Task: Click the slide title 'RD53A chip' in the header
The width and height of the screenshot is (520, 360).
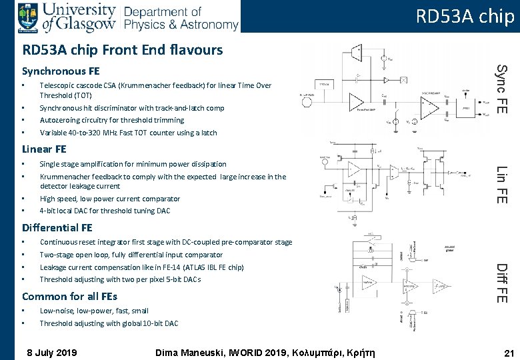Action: [x=465, y=16]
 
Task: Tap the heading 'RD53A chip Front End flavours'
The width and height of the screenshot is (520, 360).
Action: [x=122, y=50]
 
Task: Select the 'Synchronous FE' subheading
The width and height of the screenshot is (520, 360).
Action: [x=61, y=71]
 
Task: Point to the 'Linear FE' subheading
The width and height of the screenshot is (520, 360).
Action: [x=45, y=149]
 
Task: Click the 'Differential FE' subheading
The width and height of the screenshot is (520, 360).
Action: [x=57, y=227]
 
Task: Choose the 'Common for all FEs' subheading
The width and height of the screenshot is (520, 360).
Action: [x=69, y=296]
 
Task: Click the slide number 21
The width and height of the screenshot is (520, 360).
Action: [x=509, y=353]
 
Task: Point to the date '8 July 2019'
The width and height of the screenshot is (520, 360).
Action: [x=51, y=353]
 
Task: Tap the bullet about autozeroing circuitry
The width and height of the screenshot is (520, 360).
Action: [x=111, y=120]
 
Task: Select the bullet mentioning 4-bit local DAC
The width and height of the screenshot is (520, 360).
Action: [x=105, y=211]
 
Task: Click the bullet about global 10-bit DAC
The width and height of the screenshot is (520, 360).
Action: [x=109, y=323]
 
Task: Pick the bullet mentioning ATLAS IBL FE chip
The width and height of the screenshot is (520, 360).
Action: [x=141, y=267]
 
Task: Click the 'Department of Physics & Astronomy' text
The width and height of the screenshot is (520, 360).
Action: [x=181, y=19]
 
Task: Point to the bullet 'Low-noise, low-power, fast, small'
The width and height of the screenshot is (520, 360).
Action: [x=94, y=311]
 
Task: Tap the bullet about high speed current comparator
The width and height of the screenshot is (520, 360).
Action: [x=109, y=199]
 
